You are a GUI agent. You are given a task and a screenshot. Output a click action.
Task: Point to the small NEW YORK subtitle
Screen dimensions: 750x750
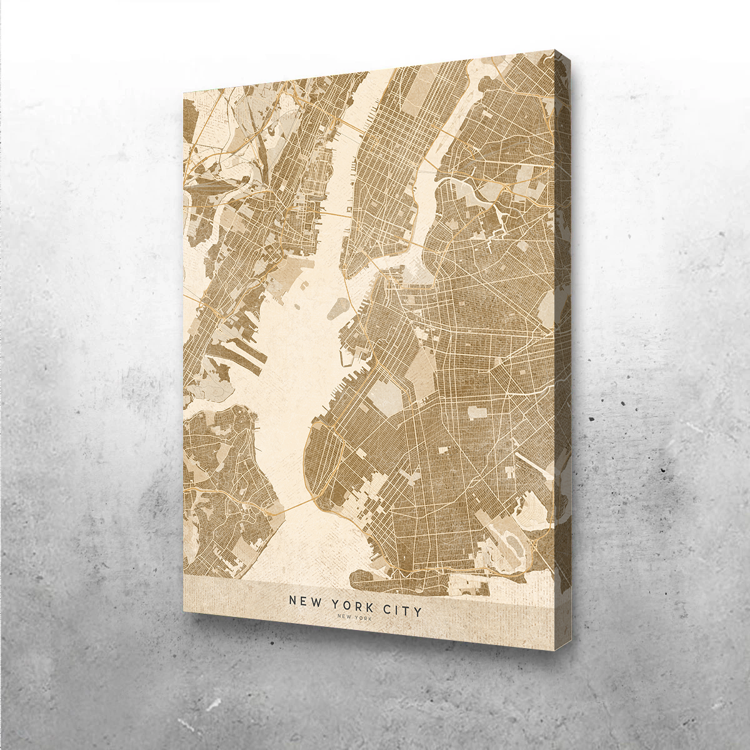[x=354, y=618]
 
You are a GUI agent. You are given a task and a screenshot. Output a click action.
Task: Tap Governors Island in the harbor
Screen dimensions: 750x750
[x=338, y=307]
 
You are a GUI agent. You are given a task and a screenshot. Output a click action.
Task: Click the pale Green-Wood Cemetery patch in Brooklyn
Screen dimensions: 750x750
[x=382, y=397]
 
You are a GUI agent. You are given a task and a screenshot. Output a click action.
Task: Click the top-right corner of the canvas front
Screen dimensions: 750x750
[x=554, y=51]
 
